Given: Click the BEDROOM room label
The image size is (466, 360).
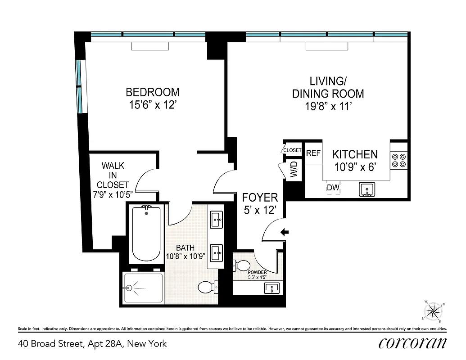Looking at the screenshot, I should (x=152, y=92).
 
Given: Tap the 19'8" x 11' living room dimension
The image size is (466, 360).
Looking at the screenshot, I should (x=328, y=107).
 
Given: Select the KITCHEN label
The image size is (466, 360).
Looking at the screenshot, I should (x=354, y=154).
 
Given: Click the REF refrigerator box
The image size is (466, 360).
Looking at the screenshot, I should (x=313, y=153).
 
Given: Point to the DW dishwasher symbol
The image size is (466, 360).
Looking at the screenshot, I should (x=333, y=188).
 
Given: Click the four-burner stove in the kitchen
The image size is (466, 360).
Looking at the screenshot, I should (x=399, y=161).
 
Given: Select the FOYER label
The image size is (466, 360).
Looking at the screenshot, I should (x=260, y=198).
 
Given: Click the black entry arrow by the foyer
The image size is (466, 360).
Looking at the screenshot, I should (x=284, y=232).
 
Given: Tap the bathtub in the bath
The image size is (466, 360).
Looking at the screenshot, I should (x=146, y=234).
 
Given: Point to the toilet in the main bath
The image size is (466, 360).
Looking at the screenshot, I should (x=208, y=287).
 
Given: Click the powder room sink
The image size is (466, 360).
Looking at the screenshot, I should (x=271, y=287).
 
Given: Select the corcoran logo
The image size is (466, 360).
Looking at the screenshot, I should (x=412, y=343).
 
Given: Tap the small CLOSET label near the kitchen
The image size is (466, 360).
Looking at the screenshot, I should (x=292, y=150).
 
